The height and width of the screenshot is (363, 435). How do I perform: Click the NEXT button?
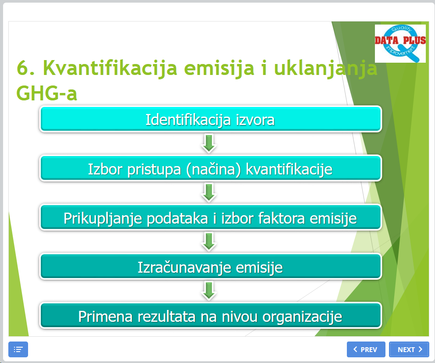[x=409, y=349]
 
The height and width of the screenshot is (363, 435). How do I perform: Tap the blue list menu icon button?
[x=18, y=349]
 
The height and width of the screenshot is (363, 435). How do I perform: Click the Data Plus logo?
[x=400, y=43]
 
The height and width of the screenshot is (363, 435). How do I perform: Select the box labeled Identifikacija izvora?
[x=210, y=119]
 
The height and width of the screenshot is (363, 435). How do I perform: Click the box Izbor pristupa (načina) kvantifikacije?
[x=210, y=168]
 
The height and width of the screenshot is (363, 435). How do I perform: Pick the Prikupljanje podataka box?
[x=210, y=217]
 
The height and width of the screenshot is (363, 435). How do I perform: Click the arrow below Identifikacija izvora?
[x=209, y=143]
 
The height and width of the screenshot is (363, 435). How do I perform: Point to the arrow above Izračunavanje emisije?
[x=209, y=242]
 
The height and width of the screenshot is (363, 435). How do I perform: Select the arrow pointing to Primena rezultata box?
[x=209, y=291]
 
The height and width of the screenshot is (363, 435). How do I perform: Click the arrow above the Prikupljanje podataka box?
[x=209, y=192]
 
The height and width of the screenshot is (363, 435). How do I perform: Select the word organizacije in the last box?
[x=302, y=317]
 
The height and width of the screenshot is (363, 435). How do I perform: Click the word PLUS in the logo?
[x=414, y=40]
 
